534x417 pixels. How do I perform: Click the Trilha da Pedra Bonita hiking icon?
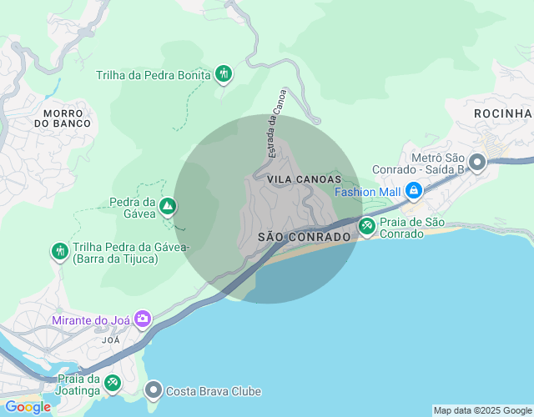tap(223, 74)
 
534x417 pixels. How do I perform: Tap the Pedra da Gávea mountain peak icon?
tap(168, 205)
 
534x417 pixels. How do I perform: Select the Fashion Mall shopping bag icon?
tap(413, 191)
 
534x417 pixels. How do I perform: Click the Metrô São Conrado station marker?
tap(477, 163)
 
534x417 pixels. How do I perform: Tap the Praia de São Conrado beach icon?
tap(366, 225)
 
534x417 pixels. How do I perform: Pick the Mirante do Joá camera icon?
tap(143, 319)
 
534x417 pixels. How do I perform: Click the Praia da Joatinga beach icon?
tap(113, 383)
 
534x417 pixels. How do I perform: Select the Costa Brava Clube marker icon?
tap(153, 389)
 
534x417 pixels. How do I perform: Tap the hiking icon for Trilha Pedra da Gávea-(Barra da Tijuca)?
tap(59, 250)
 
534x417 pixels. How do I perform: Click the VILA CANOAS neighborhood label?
tap(305, 179)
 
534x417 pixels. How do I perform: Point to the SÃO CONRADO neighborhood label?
tap(305, 237)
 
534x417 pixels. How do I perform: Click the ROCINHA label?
tap(502, 113)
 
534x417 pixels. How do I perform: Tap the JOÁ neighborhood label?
tap(110, 340)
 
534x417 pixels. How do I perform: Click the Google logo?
tap(27, 407)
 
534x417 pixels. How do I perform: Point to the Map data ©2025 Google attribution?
tap(482, 410)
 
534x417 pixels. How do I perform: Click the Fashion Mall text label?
tap(368, 191)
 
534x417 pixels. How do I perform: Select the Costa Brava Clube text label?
tap(214, 391)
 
